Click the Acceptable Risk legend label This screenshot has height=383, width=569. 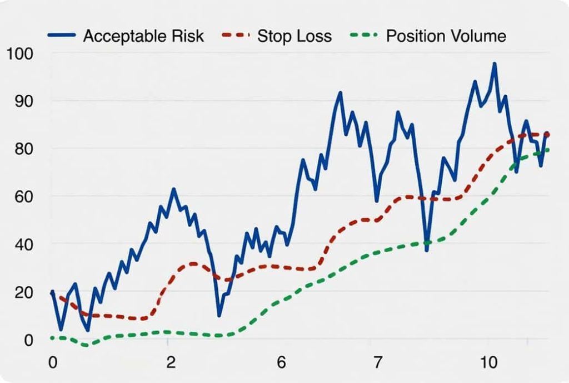click(x=143, y=37)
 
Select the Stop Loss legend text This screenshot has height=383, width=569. click(x=295, y=37)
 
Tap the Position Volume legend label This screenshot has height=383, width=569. click(x=446, y=37)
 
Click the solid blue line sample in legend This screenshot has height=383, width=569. click(x=63, y=36)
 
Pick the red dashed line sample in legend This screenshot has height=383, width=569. click(x=236, y=36)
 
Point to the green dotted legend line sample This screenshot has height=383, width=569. click(x=364, y=36)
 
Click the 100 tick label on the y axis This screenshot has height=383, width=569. click(x=20, y=54)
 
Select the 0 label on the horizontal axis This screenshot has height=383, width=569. click(x=53, y=363)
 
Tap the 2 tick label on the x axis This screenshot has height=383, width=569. click(x=171, y=363)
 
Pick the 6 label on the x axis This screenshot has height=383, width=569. click(x=282, y=363)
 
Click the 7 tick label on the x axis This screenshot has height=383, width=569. click(x=378, y=363)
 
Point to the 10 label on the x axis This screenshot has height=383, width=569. click(x=489, y=363)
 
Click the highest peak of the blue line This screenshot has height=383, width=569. click(x=494, y=64)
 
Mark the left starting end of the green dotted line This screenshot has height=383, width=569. click(x=52, y=337)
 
